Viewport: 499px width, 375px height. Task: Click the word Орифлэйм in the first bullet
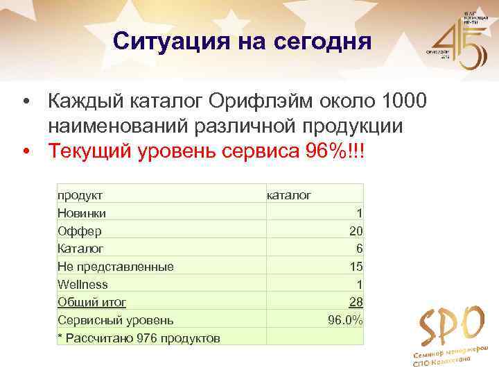coord(251,101)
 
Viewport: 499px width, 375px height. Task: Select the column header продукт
coord(80,195)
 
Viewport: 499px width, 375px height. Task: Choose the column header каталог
coord(289,195)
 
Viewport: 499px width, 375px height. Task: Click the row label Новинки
coord(82,213)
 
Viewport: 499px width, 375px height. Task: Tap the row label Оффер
coord(79,231)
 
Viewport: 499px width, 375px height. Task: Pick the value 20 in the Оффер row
coord(356,231)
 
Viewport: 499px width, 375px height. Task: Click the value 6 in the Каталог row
coord(359,249)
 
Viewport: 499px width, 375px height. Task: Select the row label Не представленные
coord(115,267)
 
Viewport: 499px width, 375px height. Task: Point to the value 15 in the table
coord(356,267)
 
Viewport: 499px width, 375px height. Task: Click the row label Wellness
coord(82,285)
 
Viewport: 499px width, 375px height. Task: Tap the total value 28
coord(356,302)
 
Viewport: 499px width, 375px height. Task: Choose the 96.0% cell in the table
coord(345,320)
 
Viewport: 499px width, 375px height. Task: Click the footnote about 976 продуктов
coord(139,338)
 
